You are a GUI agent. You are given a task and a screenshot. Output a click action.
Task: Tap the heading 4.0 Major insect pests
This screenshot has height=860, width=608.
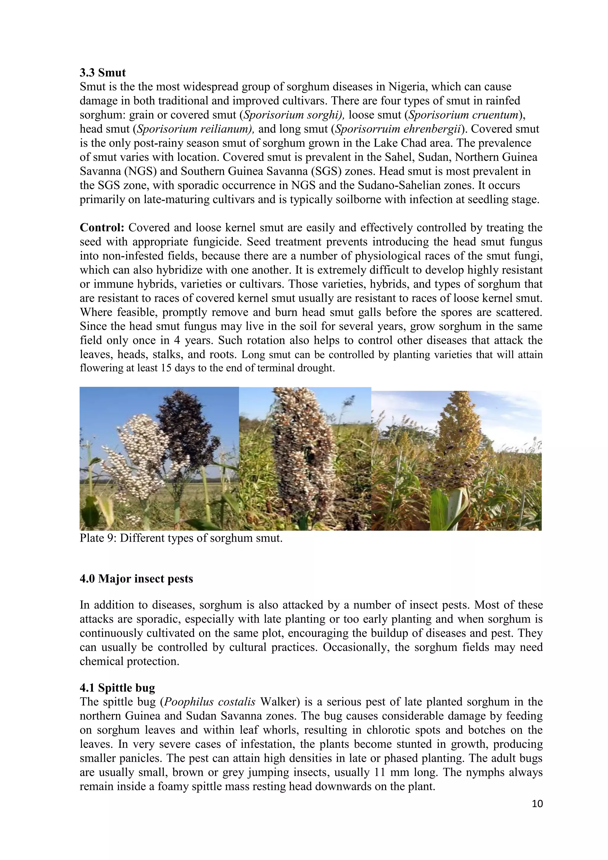136,579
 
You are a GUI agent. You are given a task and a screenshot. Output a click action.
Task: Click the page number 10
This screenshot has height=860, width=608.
537,804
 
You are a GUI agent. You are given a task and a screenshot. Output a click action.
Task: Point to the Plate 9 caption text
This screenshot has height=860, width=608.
181,538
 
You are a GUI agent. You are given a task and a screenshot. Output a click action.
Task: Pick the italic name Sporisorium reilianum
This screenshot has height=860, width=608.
195,129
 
